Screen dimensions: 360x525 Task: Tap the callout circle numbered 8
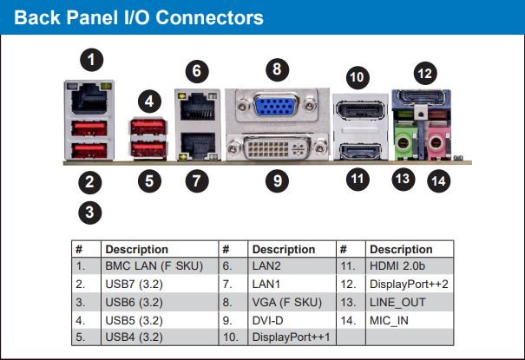coord(276,68)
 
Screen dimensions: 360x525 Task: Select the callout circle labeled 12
coord(424,74)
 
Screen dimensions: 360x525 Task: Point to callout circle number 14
coord(440,181)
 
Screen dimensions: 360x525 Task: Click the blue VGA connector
coord(276,106)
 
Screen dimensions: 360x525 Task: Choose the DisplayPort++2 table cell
coord(408,284)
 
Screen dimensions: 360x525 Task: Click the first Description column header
coord(137,249)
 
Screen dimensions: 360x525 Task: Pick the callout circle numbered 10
coord(357,76)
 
